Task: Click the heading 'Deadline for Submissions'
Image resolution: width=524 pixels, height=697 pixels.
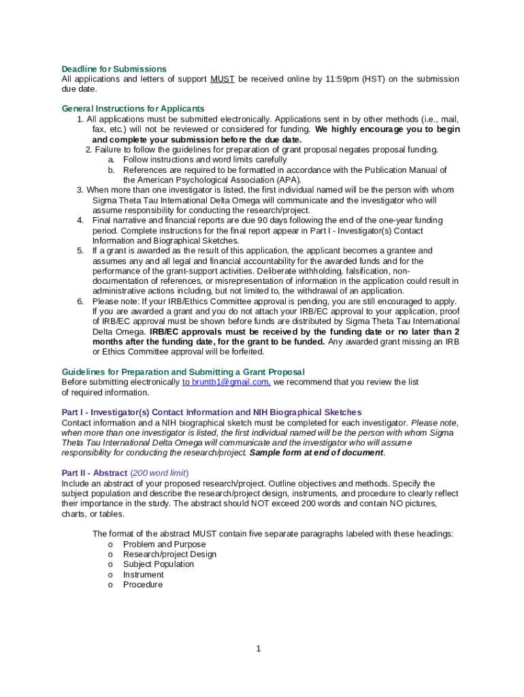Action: tap(114, 69)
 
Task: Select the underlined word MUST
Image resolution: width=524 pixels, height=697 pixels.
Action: tap(223, 79)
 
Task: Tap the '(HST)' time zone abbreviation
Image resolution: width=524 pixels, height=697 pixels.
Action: tap(373, 79)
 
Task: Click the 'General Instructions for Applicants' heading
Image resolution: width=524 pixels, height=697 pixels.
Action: tap(133, 109)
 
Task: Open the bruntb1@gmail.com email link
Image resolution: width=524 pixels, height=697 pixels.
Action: tap(227, 383)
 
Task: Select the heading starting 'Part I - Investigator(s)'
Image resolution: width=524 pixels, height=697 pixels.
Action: tap(212, 412)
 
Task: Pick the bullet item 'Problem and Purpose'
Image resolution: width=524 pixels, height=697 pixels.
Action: tap(164, 545)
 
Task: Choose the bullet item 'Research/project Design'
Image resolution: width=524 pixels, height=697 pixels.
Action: tap(169, 554)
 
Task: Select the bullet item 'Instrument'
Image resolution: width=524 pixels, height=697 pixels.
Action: tap(143, 574)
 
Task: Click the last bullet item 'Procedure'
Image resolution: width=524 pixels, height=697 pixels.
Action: tap(142, 585)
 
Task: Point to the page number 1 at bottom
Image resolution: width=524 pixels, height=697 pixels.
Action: tap(259, 649)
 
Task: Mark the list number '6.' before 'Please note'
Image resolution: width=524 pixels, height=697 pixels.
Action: tap(80, 302)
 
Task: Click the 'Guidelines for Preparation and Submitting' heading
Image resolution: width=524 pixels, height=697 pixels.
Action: tap(183, 372)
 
